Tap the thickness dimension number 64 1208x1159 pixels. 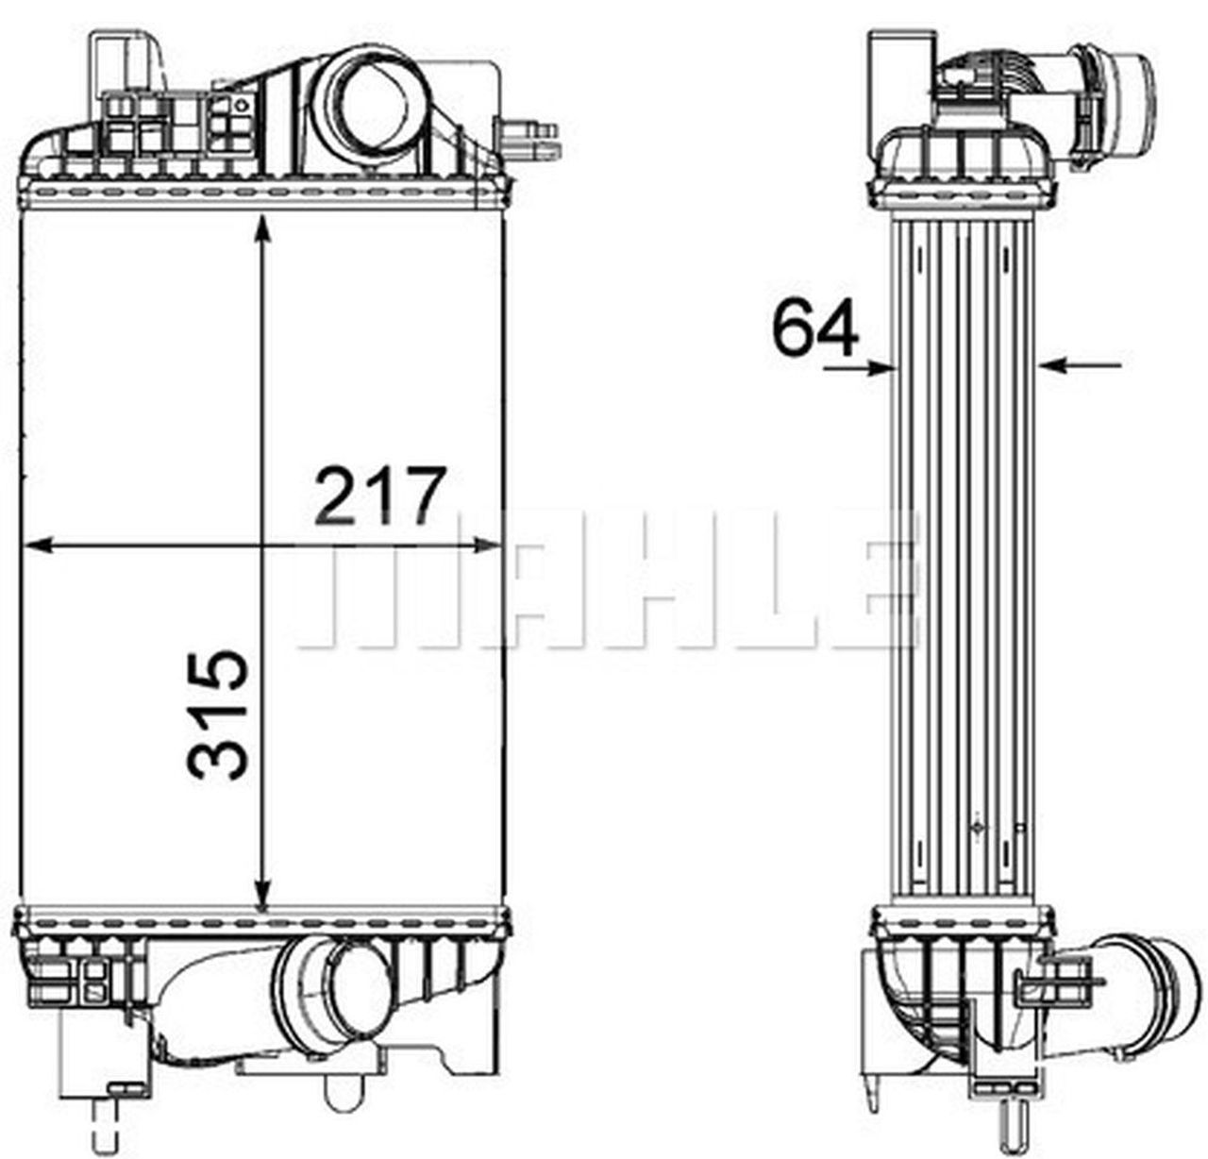click(814, 327)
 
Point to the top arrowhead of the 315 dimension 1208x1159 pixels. click(264, 228)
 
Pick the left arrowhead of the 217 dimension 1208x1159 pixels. click(39, 546)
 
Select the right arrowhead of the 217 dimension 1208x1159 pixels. click(486, 546)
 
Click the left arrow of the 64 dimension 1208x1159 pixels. click(859, 368)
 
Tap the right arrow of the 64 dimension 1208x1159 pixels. click(1081, 365)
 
